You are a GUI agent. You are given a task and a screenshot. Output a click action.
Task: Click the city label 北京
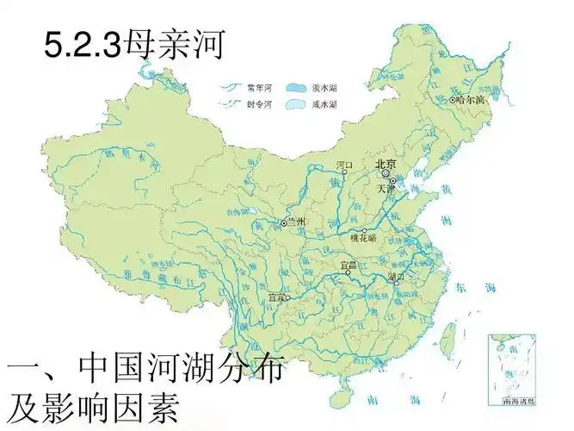tap(385, 163)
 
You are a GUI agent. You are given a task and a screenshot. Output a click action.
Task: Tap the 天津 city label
tap(385, 187)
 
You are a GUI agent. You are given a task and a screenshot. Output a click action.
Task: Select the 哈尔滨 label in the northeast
tap(472, 100)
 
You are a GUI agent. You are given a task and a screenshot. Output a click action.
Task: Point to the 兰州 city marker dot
tap(283, 223)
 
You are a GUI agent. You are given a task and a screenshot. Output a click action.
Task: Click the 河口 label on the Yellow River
tap(344, 163)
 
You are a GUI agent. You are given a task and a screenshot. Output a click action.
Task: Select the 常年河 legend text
tap(259, 87)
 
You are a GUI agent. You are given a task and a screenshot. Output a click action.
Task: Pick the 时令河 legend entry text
tap(259, 103)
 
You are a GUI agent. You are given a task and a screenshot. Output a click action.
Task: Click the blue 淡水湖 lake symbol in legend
tap(296, 87)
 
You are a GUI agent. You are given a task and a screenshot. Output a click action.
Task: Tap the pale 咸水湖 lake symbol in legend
tap(296, 103)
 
